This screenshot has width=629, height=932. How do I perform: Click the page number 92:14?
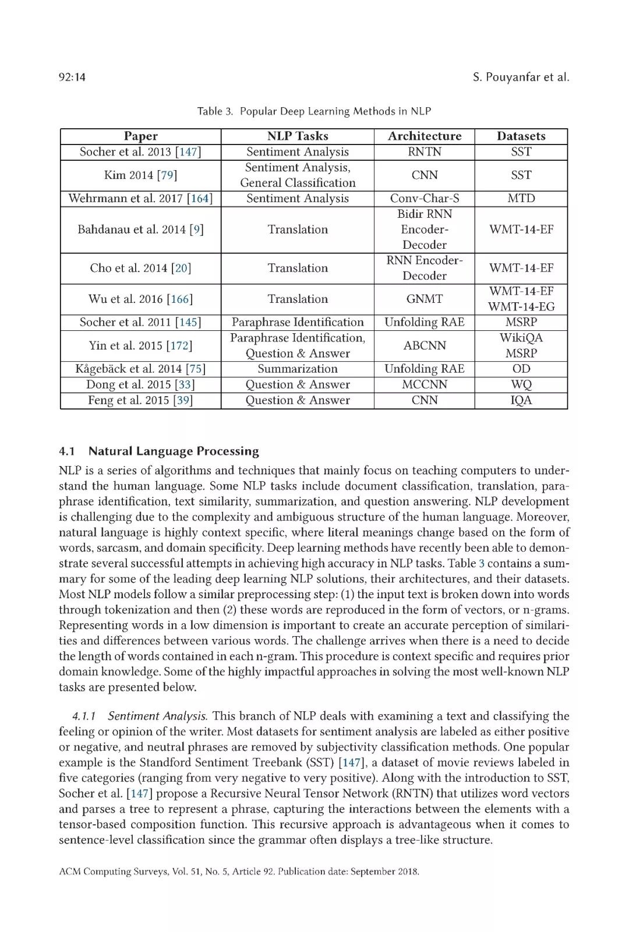(72, 77)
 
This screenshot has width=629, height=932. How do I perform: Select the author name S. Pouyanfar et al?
(521, 77)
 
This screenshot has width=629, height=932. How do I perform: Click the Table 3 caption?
(314, 111)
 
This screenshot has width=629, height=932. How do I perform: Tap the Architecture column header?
(425, 136)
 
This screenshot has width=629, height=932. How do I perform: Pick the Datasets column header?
(521, 136)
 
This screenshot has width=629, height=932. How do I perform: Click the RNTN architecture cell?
(425, 152)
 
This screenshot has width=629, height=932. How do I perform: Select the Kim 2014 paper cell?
(140, 175)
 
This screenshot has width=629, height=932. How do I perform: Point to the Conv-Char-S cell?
(425, 199)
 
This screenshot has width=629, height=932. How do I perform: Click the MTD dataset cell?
(521, 199)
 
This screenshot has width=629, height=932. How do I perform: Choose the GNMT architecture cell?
(425, 299)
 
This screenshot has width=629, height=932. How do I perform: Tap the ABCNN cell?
(425, 346)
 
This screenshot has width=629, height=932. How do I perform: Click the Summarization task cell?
(298, 369)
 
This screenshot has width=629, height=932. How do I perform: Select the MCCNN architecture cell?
(425, 385)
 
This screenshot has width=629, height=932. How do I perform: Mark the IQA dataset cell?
(521, 401)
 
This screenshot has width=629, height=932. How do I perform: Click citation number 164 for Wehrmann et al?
(200, 199)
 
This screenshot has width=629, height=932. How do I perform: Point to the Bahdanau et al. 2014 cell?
(140, 230)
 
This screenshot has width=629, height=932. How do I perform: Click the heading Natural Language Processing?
(174, 451)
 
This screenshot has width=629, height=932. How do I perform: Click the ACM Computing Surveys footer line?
(239, 872)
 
